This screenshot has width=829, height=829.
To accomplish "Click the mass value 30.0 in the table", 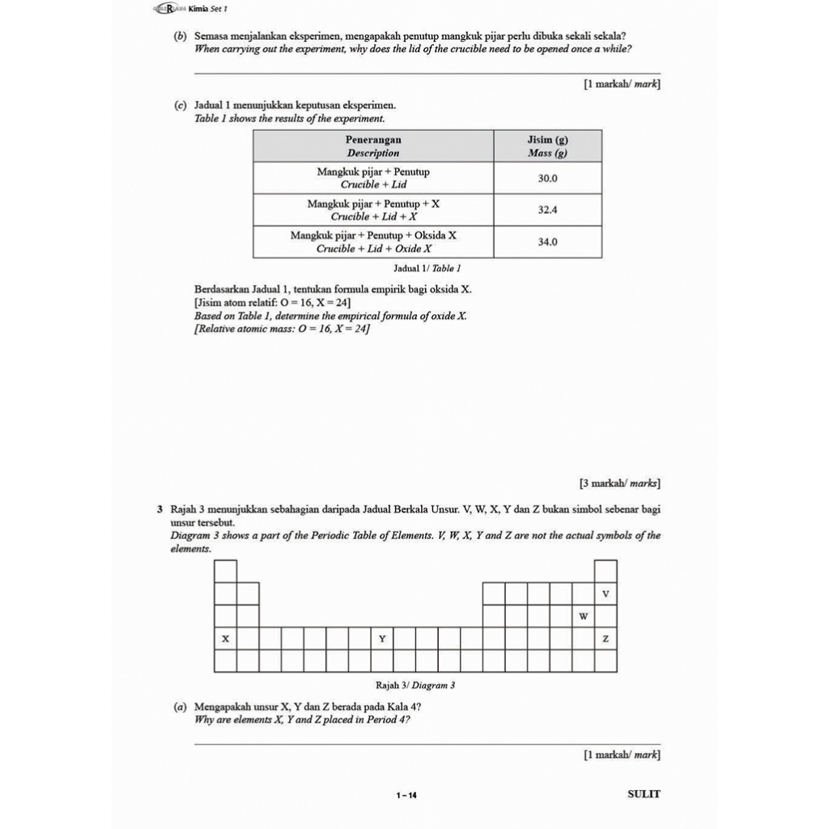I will (x=548, y=178).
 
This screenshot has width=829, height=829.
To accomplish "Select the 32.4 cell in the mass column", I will (x=548, y=210).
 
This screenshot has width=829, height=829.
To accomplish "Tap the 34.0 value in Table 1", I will (x=548, y=242).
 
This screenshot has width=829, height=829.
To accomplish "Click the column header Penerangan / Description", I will (x=373, y=146).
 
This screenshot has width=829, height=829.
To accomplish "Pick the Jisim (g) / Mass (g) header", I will (x=547, y=146).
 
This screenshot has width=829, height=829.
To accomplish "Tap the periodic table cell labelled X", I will (x=226, y=640).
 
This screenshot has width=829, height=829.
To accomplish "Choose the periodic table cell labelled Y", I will (x=382, y=640).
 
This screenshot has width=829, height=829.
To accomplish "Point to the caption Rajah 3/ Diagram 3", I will (x=415, y=686).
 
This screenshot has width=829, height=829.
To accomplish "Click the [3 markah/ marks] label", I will (x=619, y=483).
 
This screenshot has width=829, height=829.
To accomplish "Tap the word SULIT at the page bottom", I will (x=644, y=794).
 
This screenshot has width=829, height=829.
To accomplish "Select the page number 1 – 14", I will (x=406, y=796).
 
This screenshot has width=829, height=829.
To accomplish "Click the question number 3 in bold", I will (x=160, y=510).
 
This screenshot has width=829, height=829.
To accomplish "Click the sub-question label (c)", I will (x=181, y=106).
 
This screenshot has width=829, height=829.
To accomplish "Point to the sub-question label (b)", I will (x=181, y=36).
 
